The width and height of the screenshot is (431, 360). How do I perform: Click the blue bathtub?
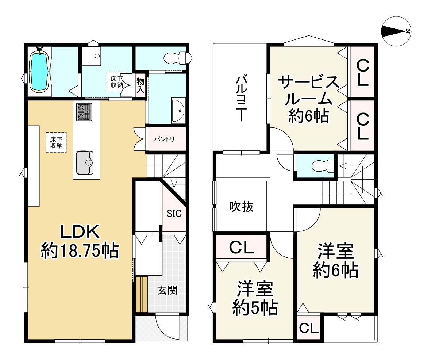tap(39, 70)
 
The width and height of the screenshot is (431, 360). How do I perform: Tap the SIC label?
tap(174, 214)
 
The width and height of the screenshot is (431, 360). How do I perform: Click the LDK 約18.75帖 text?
tap(80, 241)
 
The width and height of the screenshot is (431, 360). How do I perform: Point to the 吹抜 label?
tap(241, 207)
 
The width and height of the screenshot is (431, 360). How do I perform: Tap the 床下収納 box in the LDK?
tap(56, 142)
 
